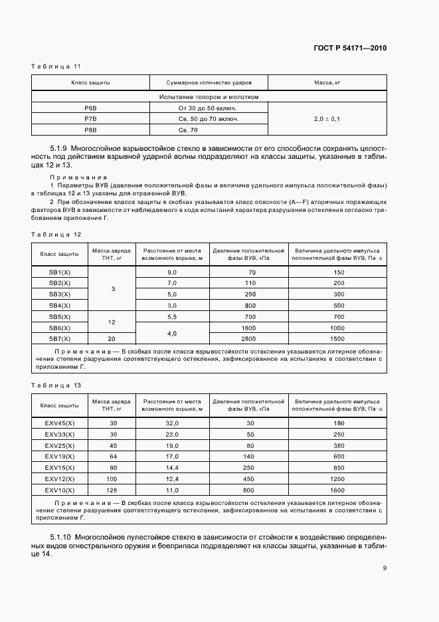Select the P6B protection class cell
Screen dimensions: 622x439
90,108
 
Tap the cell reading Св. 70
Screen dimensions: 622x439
208,130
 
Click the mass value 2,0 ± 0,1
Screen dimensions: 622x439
327,119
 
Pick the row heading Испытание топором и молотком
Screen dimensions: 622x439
209,96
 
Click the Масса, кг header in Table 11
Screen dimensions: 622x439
327,82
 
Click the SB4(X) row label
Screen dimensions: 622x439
60,304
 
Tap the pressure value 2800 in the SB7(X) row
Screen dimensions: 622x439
248,338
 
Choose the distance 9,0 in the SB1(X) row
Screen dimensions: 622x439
172,272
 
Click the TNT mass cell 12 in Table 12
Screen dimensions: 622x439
112,322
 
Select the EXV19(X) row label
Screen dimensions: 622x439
60,456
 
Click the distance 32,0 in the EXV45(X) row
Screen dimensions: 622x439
172,423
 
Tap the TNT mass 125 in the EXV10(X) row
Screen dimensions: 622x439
112,489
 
